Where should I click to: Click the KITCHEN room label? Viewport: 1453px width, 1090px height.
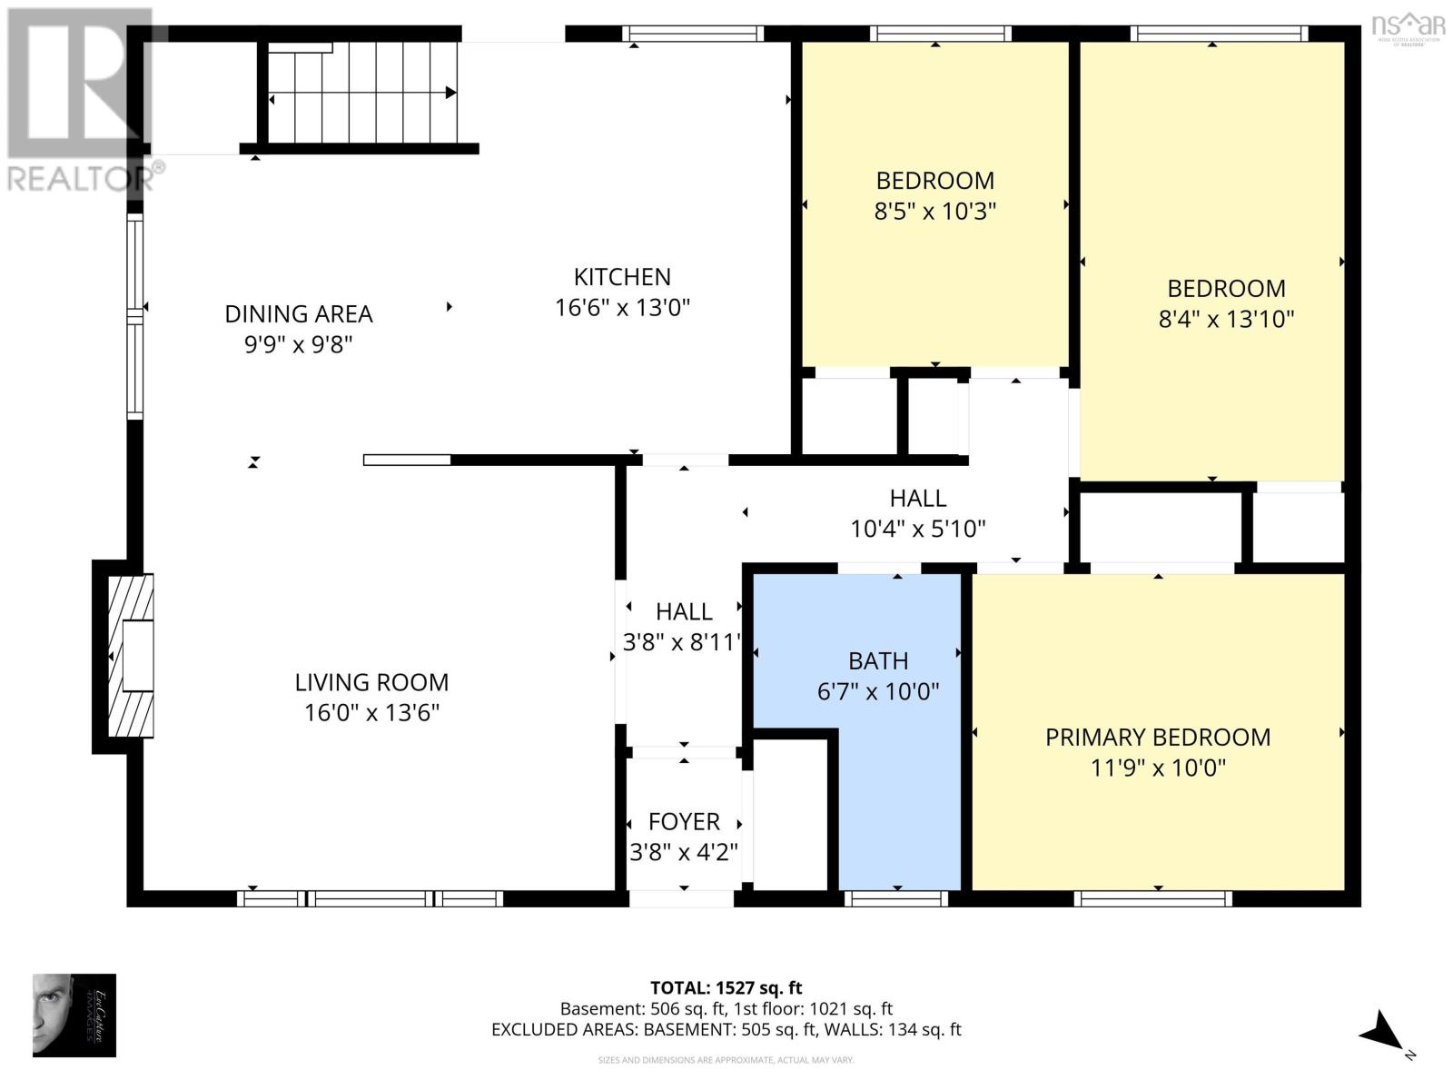point(622,277)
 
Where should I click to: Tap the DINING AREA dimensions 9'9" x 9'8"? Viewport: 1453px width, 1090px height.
point(298,344)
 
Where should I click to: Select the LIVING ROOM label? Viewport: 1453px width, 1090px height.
point(371,682)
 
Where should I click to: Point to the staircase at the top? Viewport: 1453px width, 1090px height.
point(363,91)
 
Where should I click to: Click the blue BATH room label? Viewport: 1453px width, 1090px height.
point(878,661)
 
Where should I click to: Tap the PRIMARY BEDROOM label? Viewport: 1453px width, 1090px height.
point(1158,737)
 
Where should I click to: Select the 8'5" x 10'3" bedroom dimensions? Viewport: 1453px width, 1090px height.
point(934,212)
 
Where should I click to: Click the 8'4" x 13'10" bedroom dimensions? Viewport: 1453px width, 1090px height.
point(1226,319)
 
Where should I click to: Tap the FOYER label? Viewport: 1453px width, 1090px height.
point(684,821)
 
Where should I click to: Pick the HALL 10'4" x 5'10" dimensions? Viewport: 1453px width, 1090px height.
point(917,529)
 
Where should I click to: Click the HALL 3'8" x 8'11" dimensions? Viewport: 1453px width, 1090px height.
point(683,642)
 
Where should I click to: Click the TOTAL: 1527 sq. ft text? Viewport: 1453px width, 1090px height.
point(726,987)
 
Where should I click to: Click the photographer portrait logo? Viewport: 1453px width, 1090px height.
point(74,1015)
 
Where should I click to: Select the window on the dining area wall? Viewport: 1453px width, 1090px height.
point(134,315)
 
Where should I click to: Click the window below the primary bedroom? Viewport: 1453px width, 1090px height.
point(1152,898)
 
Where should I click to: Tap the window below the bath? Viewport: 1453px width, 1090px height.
point(895,898)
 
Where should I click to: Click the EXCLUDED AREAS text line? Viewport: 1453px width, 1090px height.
point(726,1029)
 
